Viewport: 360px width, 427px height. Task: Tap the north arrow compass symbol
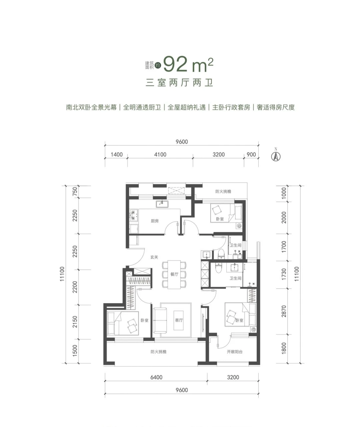(x=276, y=155)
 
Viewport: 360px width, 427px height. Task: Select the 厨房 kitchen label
(x=155, y=221)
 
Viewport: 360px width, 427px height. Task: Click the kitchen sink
(x=162, y=204)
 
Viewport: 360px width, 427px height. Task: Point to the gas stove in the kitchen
(x=133, y=216)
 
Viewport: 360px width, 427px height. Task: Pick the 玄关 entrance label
(x=154, y=257)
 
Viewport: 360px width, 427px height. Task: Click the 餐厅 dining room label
(x=174, y=274)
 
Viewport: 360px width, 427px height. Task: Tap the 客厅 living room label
(x=179, y=320)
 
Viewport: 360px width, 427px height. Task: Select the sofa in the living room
(x=160, y=321)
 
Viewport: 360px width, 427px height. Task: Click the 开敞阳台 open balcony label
(x=235, y=352)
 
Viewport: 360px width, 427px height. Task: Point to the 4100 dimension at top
(x=160, y=154)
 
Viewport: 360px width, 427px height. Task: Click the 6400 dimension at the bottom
(x=156, y=377)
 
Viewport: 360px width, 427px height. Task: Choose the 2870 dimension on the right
(x=284, y=312)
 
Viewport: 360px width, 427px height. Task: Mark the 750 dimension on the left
(x=75, y=191)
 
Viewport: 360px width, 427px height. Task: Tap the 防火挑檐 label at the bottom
(x=159, y=352)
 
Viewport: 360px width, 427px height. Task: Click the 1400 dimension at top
(x=117, y=154)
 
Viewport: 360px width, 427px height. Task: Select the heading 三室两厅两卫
(x=179, y=83)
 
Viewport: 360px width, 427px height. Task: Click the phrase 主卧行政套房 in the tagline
(x=231, y=107)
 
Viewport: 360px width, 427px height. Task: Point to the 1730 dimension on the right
(x=284, y=274)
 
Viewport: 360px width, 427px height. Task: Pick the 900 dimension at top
(x=251, y=154)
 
